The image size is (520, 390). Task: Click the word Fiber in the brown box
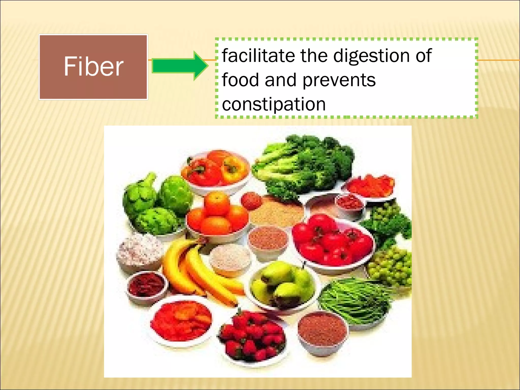93,67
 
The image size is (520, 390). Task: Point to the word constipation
274,104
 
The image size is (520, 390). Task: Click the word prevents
339,80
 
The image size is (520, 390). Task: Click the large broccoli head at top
305,165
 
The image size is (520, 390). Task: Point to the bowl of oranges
217,216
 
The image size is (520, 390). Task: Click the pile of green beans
355,300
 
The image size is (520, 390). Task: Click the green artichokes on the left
157,203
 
